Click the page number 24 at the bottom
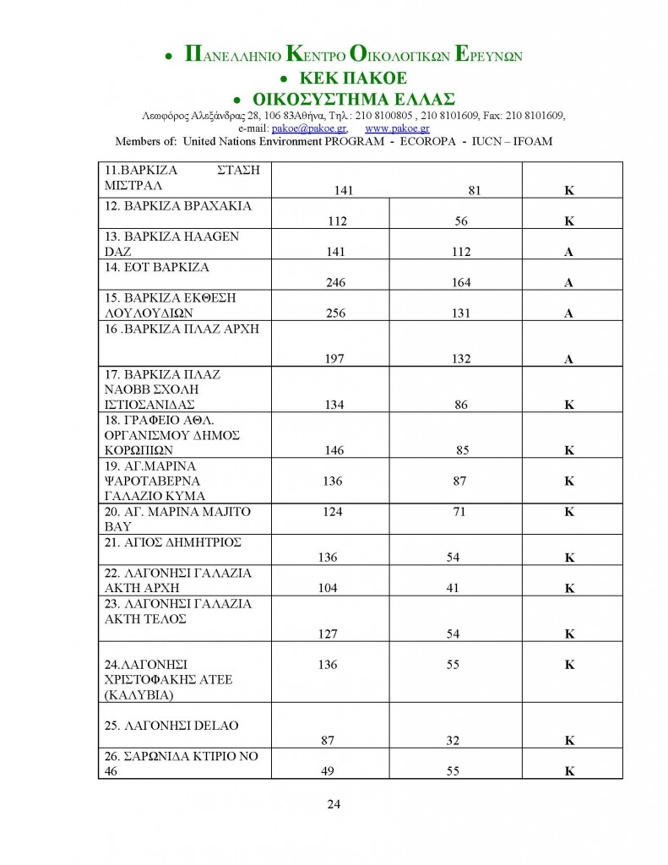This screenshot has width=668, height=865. [x=333, y=803]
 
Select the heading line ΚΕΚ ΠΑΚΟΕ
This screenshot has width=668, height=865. [x=344, y=79]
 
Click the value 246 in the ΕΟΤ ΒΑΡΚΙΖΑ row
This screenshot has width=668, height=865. [x=335, y=283]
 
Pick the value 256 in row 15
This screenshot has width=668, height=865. [x=335, y=313]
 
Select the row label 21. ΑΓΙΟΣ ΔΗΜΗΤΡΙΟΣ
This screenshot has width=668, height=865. [x=172, y=542]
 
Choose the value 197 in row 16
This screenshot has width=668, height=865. [x=335, y=359]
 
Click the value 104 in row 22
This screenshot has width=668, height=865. [x=328, y=588]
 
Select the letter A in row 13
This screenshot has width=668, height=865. [x=569, y=253]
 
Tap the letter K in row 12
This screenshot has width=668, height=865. [x=569, y=221]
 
